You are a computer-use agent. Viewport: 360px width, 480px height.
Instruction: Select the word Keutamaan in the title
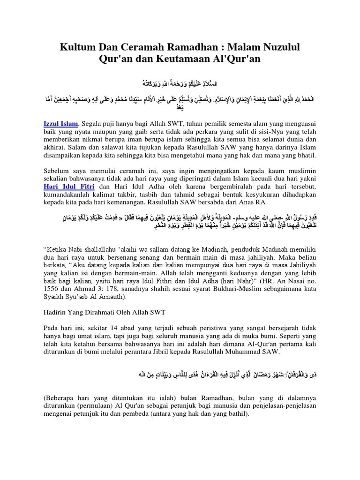click(197, 60)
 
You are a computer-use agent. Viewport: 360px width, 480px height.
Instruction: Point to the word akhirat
click(50, 148)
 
